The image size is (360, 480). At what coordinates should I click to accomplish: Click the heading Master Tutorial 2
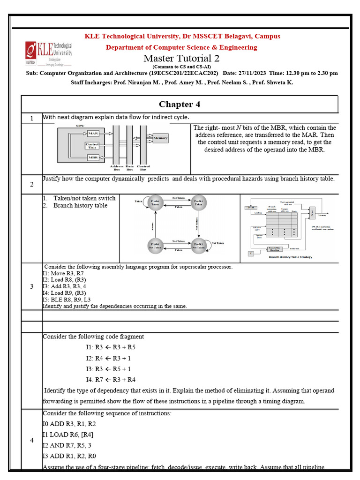[x=181, y=59]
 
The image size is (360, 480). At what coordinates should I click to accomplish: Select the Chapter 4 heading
[x=180, y=104]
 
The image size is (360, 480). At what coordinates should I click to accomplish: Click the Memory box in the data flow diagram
[x=160, y=138]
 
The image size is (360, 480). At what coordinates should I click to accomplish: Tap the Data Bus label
[x=130, y=168]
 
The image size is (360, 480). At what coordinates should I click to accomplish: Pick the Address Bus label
[x=117, y=168]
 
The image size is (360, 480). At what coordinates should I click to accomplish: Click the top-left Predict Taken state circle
[x=155, y=202]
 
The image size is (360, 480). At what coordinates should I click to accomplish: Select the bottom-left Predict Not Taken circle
[x=155, y=246]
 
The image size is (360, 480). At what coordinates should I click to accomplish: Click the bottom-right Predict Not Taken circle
[x=199, y=246]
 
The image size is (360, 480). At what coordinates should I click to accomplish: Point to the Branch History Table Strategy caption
[x=291, y=257]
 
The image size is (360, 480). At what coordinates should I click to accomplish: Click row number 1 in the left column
[x=31, y=119]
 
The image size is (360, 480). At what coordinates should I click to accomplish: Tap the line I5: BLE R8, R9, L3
[x=67, y=299]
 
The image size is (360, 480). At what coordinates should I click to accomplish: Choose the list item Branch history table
[x=80, y=206]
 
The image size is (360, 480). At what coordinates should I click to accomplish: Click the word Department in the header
[x=124, y=47]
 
